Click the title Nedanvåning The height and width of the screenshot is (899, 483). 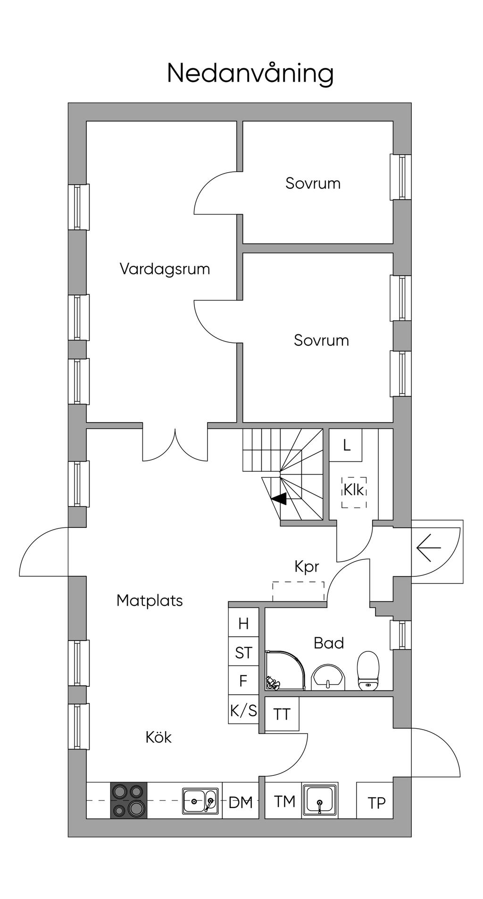250,74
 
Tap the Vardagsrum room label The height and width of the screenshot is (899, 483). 165,269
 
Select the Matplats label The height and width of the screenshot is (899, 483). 150,600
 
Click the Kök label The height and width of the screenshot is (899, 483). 158,737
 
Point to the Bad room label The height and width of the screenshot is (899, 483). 329,643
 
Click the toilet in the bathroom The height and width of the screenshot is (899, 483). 368,671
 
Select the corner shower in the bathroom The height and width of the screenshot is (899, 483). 285,671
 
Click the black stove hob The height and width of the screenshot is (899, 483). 129,801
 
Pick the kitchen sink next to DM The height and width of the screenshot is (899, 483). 200,801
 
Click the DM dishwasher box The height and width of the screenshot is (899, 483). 241,801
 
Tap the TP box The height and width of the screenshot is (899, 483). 375,801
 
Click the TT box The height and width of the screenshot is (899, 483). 282,714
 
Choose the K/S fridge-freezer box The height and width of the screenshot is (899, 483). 243,709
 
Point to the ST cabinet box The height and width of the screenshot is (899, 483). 243,652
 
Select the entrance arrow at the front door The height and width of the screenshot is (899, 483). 429,548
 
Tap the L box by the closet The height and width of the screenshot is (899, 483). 346,445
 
